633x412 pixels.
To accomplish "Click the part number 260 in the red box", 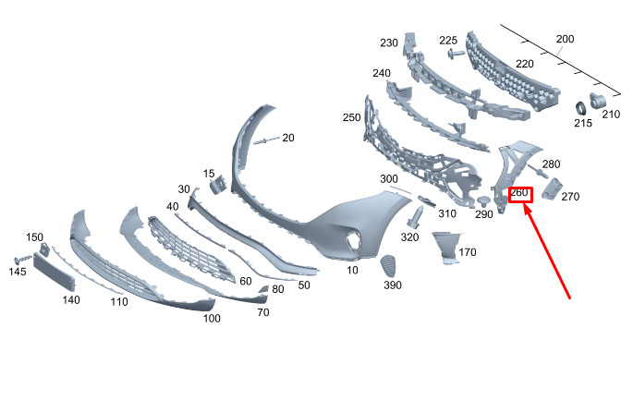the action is (519, 193).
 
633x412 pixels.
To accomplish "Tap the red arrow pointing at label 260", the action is (547, 251).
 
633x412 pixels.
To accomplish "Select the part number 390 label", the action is (393, 285).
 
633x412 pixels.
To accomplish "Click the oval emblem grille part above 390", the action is (389, 265).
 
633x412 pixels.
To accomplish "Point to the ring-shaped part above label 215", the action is (580, 109).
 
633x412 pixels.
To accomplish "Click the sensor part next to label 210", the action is (597, 101).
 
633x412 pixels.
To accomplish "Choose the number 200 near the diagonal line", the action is (565, 39).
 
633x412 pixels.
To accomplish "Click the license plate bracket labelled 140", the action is (55, 272).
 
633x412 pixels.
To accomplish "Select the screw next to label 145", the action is (23, 259).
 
